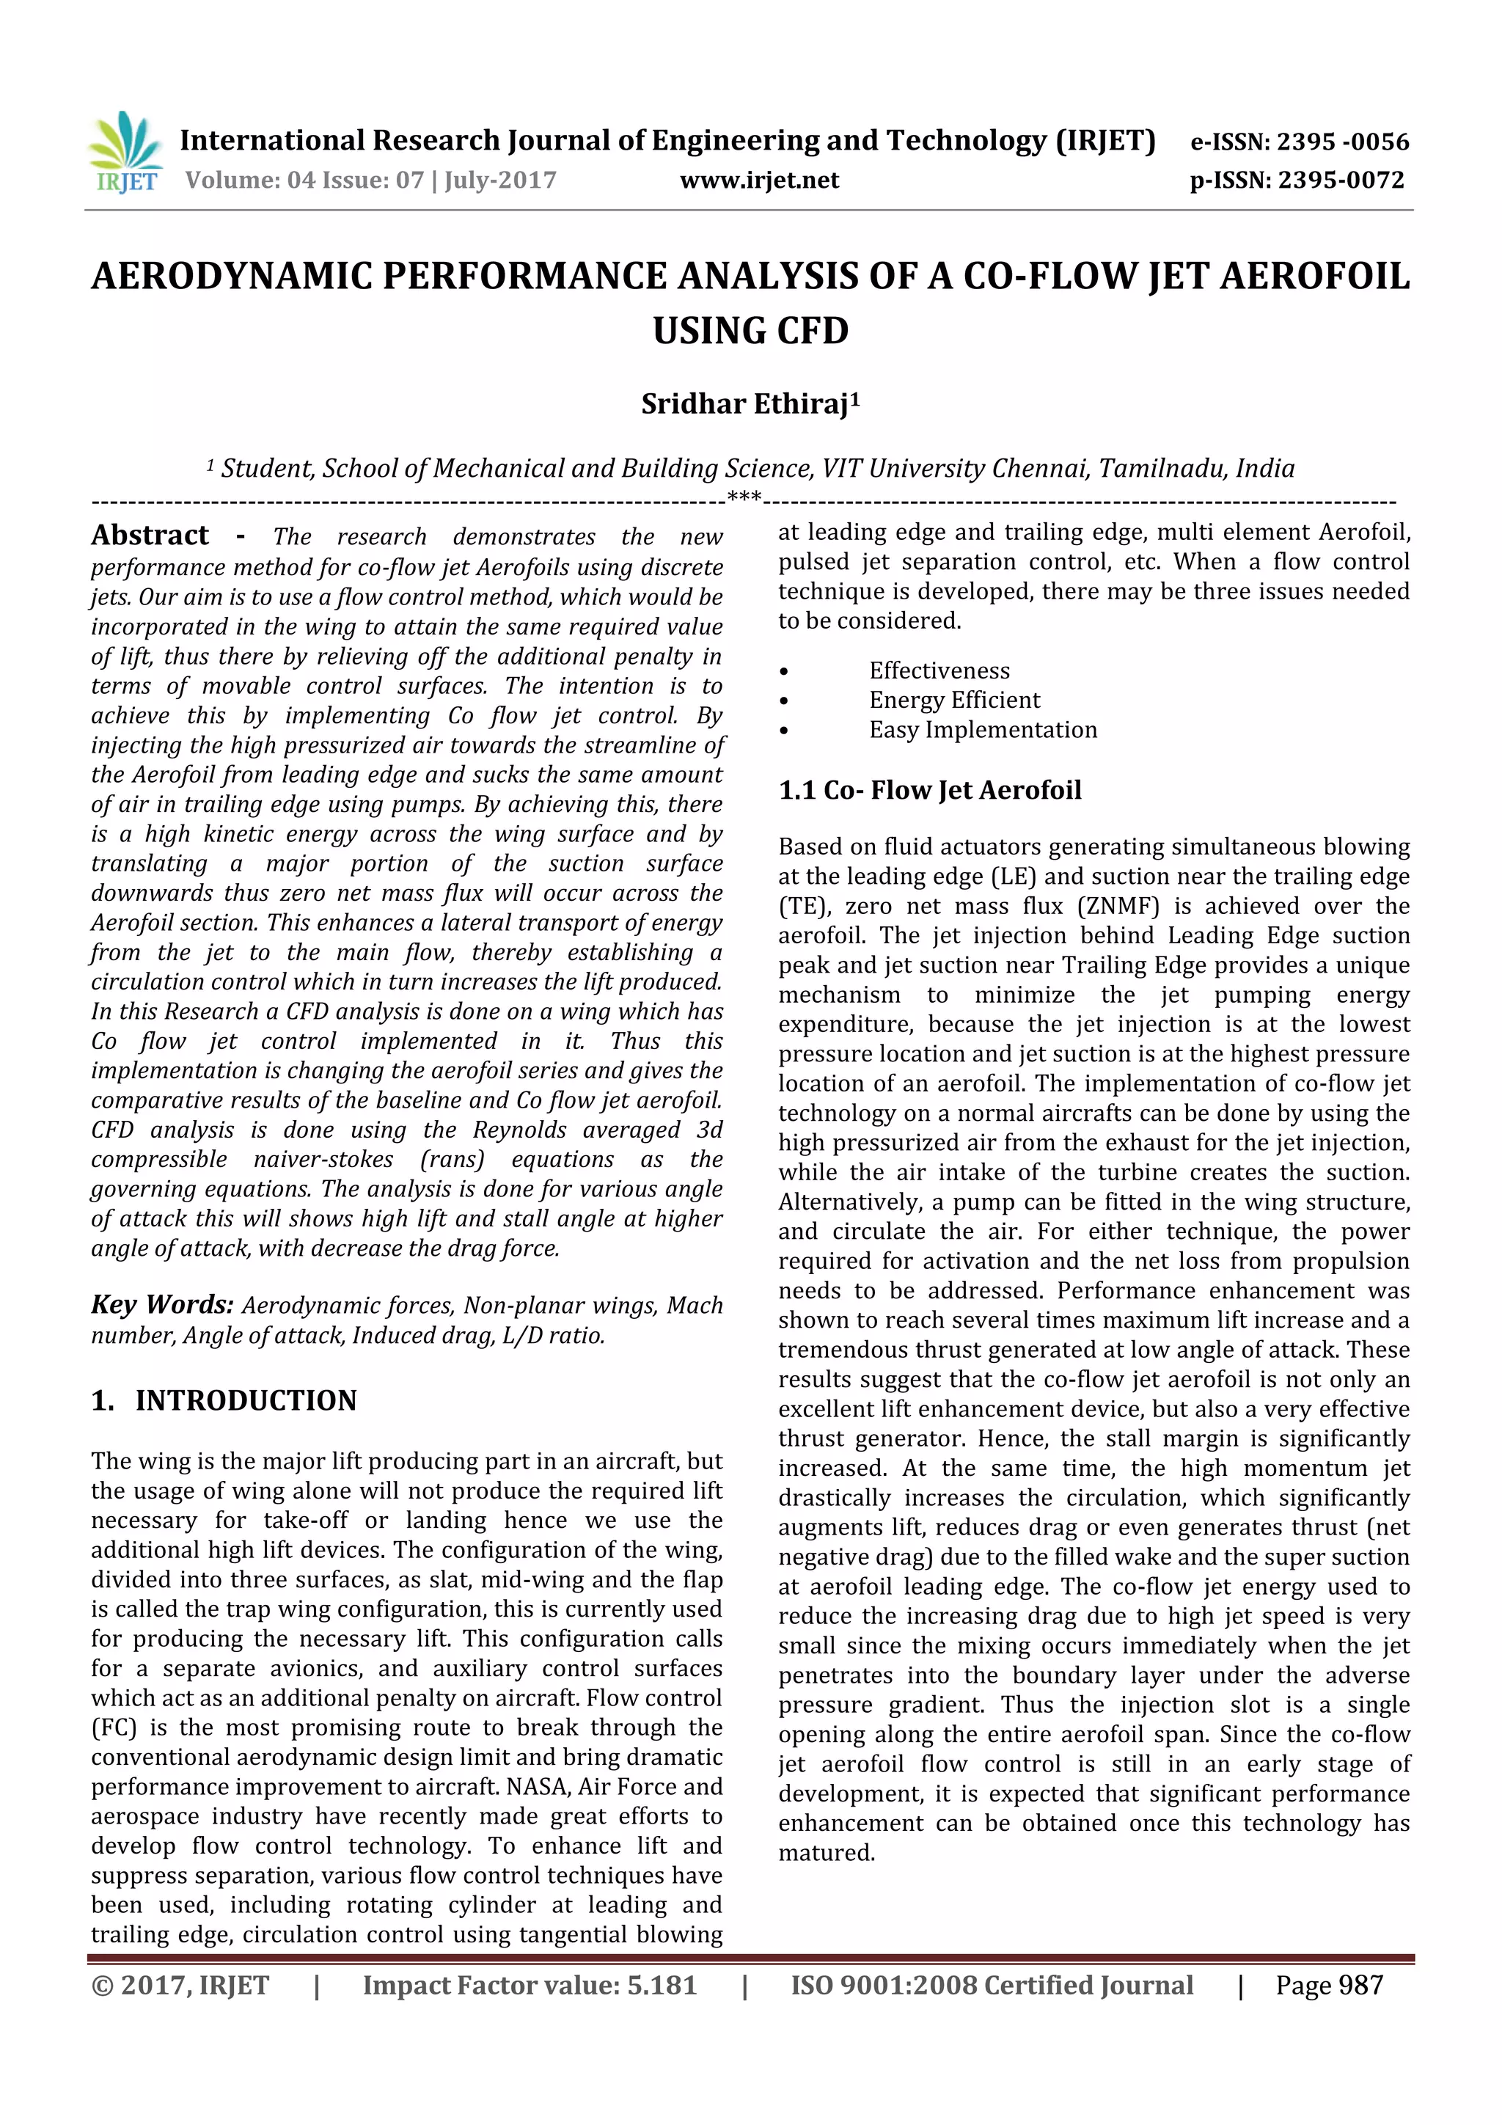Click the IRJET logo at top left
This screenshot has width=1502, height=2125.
tap(125, 153)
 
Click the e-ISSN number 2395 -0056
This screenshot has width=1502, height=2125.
tap(1342, 142)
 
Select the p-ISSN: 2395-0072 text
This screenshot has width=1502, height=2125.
tap(1297, 180)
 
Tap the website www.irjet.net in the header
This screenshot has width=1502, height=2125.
tap(759, 180)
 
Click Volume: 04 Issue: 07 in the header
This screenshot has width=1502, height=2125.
tap(304, 180)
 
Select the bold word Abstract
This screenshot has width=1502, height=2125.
tap(150, 536)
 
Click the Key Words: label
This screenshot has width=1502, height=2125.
tap(162, 1304)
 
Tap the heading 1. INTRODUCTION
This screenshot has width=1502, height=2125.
tap(224, 1400)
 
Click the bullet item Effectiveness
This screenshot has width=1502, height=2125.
tap(939, 671)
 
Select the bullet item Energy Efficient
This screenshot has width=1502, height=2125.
tap(954, 701)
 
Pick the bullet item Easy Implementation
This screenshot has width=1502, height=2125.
tap(983, 731)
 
